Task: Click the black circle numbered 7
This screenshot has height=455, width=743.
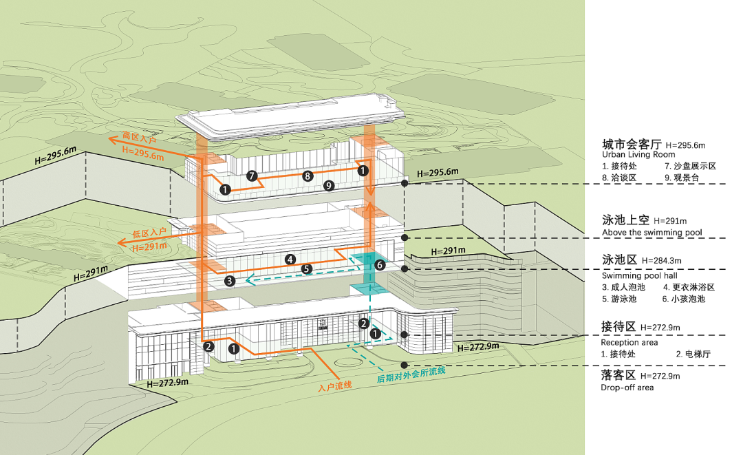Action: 252,176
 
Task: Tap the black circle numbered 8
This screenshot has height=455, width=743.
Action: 308,176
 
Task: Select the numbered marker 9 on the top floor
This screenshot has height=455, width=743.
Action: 329,185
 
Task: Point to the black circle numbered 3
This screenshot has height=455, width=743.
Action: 230,280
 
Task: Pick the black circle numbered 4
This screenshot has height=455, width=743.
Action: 290,260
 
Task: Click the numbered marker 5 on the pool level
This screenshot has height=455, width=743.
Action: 307,268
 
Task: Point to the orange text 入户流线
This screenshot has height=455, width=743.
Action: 335,385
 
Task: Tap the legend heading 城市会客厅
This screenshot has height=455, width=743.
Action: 632,145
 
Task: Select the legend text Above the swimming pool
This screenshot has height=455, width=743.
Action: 652,233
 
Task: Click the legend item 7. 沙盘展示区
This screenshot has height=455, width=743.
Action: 690,166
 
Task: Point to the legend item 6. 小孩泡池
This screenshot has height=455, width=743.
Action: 684,299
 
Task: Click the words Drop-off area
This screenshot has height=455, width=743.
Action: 627,387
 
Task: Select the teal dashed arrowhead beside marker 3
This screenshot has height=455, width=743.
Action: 252,280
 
